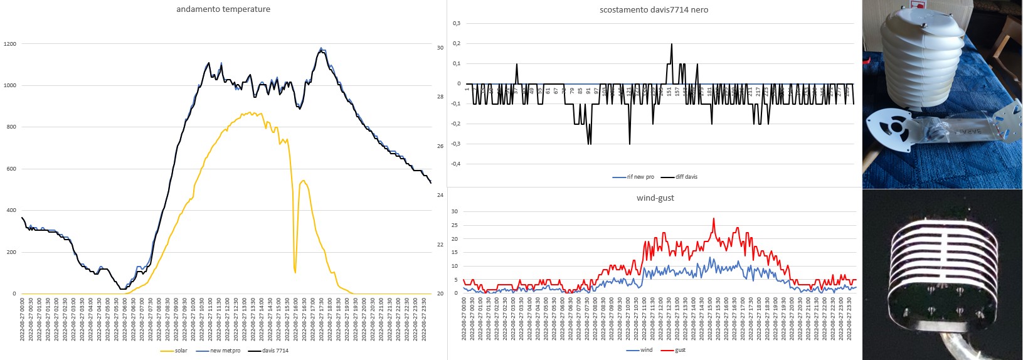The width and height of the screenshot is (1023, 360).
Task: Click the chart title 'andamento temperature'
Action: [223, 9]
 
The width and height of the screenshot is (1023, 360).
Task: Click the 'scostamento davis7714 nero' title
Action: [654, 9]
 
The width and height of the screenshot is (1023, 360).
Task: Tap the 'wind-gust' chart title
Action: [655, 198]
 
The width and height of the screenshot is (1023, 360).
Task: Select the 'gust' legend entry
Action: [680, 350]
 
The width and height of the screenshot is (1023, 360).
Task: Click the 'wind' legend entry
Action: [646, 350]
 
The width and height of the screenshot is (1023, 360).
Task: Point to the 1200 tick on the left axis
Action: [10, 44]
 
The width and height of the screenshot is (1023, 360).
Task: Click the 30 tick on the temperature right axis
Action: [440, 48]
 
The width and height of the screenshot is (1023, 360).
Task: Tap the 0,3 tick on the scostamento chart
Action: [457, 23]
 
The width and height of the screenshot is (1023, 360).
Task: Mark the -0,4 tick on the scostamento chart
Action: [455, 164]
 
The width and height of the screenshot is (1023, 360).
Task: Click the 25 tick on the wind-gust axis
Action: [455, 225]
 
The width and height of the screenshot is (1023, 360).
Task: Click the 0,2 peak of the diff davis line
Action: [672, 44]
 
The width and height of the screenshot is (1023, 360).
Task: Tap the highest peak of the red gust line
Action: [714, 219]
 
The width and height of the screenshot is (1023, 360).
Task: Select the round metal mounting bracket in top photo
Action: [891, 129]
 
